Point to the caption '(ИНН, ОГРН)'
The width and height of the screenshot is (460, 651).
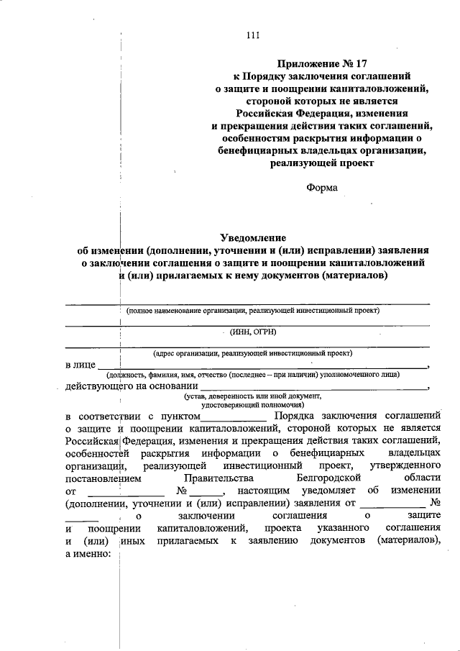click(252, 332)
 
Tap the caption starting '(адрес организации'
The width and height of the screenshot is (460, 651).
click(252, 353)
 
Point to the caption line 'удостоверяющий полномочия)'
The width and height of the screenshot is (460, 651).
click(252, 405)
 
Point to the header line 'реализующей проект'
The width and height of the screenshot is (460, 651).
click(322, 163)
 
